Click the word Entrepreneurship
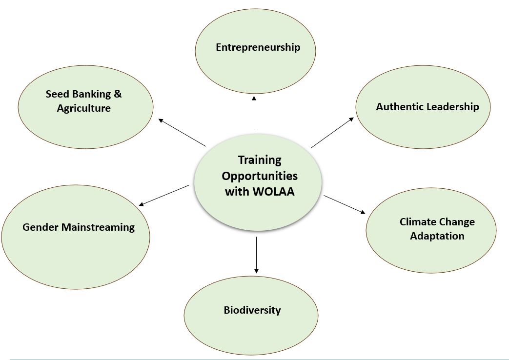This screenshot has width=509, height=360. pos(258,47)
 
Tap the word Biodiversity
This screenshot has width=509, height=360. pos(252,310)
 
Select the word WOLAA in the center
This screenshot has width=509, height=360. pos(274,192)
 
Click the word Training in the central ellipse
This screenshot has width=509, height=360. pos(260,160)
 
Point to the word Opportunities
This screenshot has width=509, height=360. pos(260,176)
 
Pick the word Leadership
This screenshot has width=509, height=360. pos(452,106)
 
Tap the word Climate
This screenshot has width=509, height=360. pos(418,222)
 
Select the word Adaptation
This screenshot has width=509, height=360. pos(437,236)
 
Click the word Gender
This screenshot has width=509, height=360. pos(41,227)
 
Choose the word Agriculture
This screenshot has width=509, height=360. pos(84,108)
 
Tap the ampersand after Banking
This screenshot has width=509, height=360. pos(117,94)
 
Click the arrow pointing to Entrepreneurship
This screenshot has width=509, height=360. pos(254,113)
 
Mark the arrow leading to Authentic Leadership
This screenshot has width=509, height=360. pos(332,132)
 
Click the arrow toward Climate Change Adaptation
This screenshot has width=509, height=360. pos(345,204)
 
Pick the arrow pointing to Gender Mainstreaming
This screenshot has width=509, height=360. pos(164,195)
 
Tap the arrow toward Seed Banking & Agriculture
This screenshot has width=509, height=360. pos(182,132)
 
